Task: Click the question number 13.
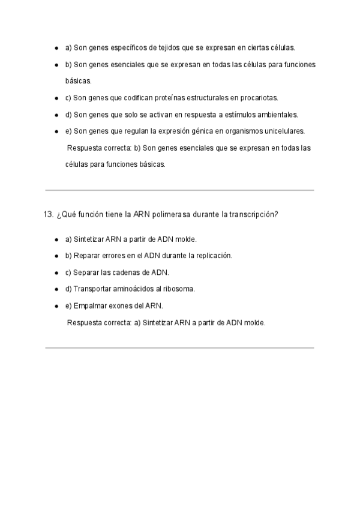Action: (50, 215)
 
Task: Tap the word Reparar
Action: (87, 255)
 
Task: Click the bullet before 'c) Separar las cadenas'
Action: (56, 272)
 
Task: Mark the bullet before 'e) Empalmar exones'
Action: (56, 306)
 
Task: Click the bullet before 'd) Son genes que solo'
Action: (56, 114)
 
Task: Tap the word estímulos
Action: (240, 114)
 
